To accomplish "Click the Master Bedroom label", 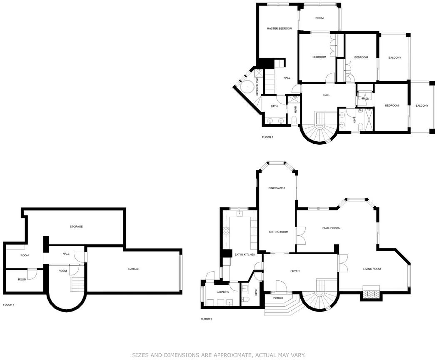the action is coord(279,28).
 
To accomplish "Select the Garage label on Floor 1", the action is coord(134,269).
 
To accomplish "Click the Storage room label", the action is coord(76,226).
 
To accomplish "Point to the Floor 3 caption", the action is coord(267,137).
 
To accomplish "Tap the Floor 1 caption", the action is coord(8,305).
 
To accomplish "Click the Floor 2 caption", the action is coord(206,319).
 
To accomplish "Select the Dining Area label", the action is coord(277,188).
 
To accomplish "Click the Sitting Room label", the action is coord(278,232).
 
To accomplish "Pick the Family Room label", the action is coord(331,228).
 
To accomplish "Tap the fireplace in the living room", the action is coord(371,293).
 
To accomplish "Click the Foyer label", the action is coord(295,271).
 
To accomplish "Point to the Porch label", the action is coord(278,298).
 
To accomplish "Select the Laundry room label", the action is coord(223,292).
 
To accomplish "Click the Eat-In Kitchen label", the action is coord(244,255).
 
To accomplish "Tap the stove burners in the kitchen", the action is coord(226,231).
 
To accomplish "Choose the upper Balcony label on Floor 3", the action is coord(394,57).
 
